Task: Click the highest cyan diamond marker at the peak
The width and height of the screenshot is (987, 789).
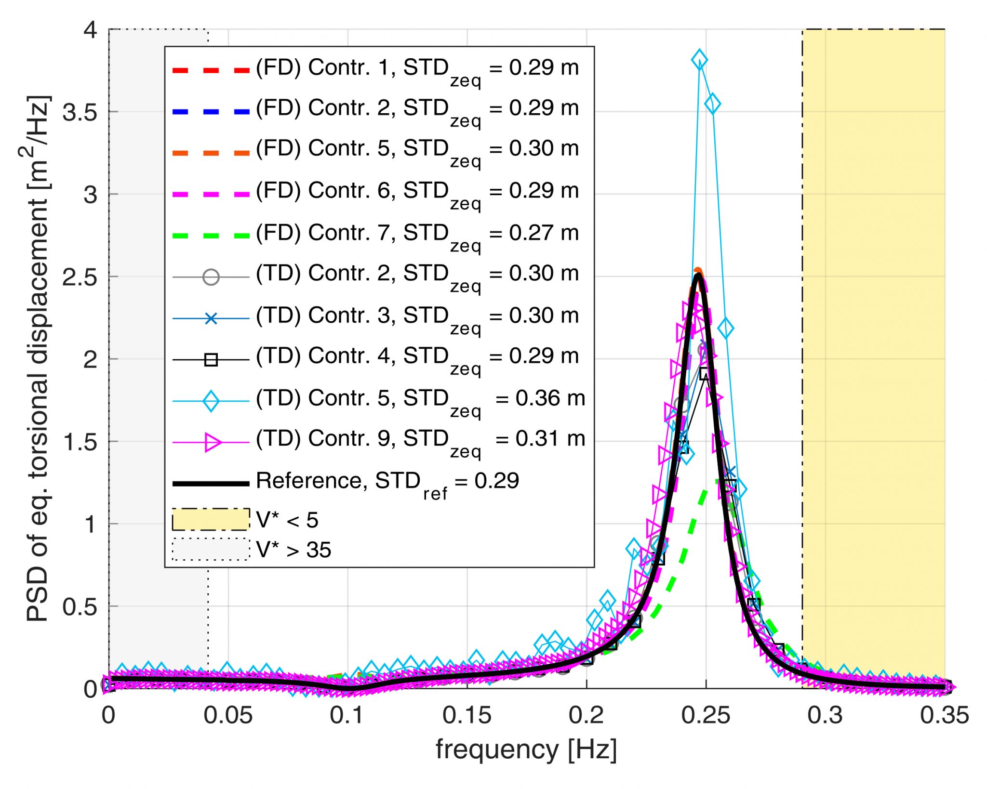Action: tap(699, 60)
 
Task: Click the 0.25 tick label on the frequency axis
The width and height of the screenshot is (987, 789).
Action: tap(706, 715)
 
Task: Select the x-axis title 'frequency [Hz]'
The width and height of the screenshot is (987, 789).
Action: tap(526, 750)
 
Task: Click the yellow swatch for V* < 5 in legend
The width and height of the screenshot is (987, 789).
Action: tap(211, 520)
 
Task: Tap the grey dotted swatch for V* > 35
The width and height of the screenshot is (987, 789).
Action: tap(211, 549)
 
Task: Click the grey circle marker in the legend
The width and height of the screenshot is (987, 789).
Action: tap(211, 277)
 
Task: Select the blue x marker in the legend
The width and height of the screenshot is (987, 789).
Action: tap(211, 318)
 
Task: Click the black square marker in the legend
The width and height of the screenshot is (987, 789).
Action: tap(211, 360)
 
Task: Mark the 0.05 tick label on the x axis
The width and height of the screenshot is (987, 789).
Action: tap(227, 715)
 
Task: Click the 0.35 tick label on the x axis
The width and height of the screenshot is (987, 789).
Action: tap(944, 715)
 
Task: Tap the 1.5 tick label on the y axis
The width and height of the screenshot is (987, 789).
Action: tap(80, 442)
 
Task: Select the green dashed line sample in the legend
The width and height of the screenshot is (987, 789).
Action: tap(211, 236)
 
